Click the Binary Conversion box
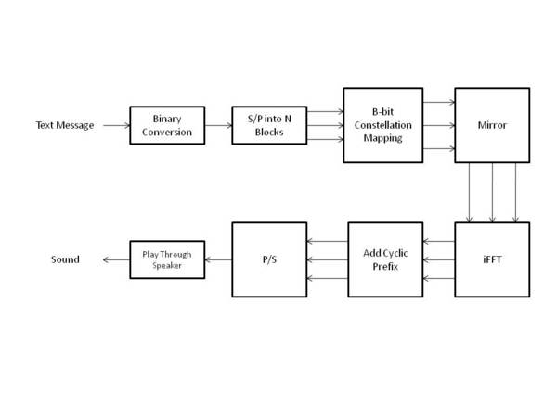(166, 125)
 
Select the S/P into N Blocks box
(268, 125)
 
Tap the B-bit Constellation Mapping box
(382, 125)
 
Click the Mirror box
(491, 125)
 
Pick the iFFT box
(491, 259)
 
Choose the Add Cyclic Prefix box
(385, 259)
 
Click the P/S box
(268, 259)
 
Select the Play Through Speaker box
(166, 259)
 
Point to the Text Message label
(65, 125)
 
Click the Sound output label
(65, 259)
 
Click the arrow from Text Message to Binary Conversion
(114, 125)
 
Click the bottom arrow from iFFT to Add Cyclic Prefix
(438, 276)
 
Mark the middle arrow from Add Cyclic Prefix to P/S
(327, 259)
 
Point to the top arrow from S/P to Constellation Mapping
(324, 111)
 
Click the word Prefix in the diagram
(385, 267)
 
